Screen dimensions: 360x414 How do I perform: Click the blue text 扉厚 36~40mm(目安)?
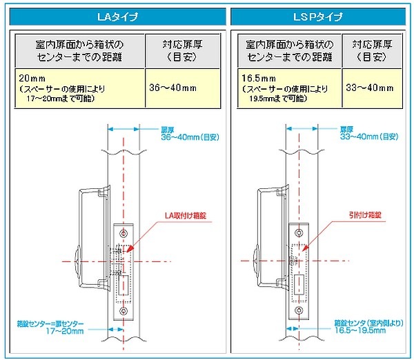pyautogui.click(x=186, y=133)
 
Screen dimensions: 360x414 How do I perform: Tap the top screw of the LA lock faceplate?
pyautogui.click(x=124, y=231)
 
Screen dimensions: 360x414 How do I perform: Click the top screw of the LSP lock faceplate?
pyautogui.click(x=299, y=231)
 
